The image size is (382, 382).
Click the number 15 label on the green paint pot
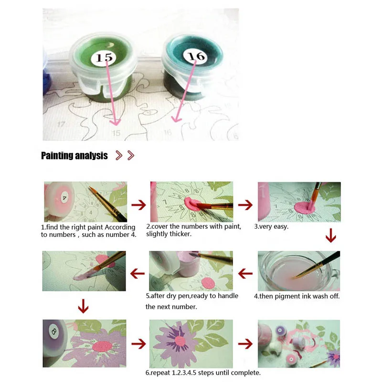tap(104, 58)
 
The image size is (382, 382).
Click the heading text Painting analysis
tap(74, 156)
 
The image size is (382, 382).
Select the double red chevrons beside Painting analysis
tap(125, 156)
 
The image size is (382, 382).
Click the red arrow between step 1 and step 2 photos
tap(138, 205)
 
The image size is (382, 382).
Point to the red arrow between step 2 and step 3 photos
tap(245, 205)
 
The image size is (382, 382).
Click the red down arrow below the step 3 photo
tap(330, 236)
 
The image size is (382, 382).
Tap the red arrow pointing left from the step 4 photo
tap(245, 274)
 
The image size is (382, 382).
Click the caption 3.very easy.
tap(271, 226)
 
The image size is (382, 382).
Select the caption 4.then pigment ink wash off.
tap(299, 296)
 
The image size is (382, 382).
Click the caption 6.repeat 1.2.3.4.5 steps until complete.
tap(203, 372)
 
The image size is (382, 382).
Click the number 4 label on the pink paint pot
tap(64, 197)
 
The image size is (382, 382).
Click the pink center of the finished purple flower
tap(178, 343)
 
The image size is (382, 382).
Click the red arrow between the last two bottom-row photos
tap(245, 343)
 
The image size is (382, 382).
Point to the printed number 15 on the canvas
tap(116, 133)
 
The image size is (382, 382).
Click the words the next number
tap(171, 307)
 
